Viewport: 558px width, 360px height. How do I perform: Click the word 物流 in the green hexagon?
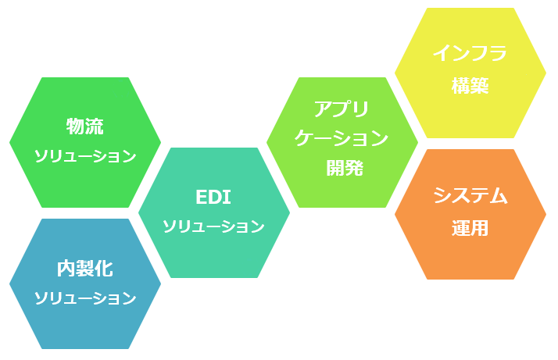(x=84, y=127)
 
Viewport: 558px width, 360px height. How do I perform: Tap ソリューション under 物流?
(x=85, y=156)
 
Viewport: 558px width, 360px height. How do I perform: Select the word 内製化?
(x=85, y=269)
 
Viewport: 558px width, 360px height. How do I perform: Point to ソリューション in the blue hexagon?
(x=85, y=298)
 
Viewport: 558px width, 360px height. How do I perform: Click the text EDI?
(x=213, y=197)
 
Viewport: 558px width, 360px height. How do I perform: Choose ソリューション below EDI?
(x=214, y=226)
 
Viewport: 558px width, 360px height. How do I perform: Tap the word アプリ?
(x=342, y=109)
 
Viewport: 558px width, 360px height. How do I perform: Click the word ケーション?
(x=342, y=138)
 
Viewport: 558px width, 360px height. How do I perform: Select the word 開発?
(x=345, y=168)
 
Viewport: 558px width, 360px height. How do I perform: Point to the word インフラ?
(x=470, y=53)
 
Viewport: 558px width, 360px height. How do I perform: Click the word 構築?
(x=470, y=86)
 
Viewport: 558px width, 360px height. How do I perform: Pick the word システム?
(x=470, y=195)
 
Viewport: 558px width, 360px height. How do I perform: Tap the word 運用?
(x=470, y=228)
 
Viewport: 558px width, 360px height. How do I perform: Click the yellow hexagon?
(x=470, y=73)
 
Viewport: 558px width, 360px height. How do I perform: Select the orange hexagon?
(x=470, y=214)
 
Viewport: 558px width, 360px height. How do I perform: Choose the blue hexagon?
(x=85, y=284)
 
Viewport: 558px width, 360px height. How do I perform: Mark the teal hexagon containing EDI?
(x=214, y=212)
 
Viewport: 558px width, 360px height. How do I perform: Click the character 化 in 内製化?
(x=104, y=269)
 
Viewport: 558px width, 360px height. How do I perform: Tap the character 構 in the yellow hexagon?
(x=461, y=86)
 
